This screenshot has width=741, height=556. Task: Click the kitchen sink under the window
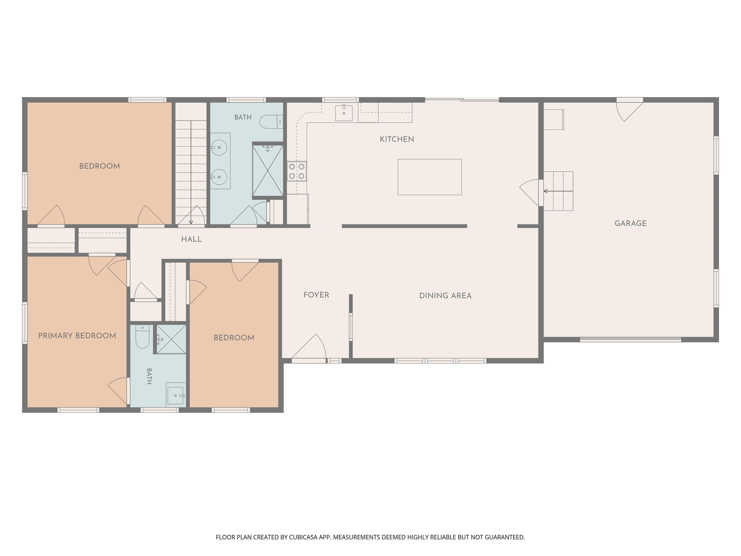[344, 113]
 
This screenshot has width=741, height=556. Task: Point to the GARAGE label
[631, 223]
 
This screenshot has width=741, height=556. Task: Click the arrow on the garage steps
[558, 191]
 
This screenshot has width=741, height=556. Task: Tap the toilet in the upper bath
[271, 122]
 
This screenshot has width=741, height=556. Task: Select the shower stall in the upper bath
[268, 170]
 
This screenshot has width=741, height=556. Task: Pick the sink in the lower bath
[176, 396]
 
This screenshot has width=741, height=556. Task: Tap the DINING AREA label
[445, 296]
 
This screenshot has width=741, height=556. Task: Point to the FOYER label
[316, 295]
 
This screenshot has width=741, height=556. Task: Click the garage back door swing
[630, 111]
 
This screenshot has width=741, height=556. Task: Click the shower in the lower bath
[171, 339]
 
